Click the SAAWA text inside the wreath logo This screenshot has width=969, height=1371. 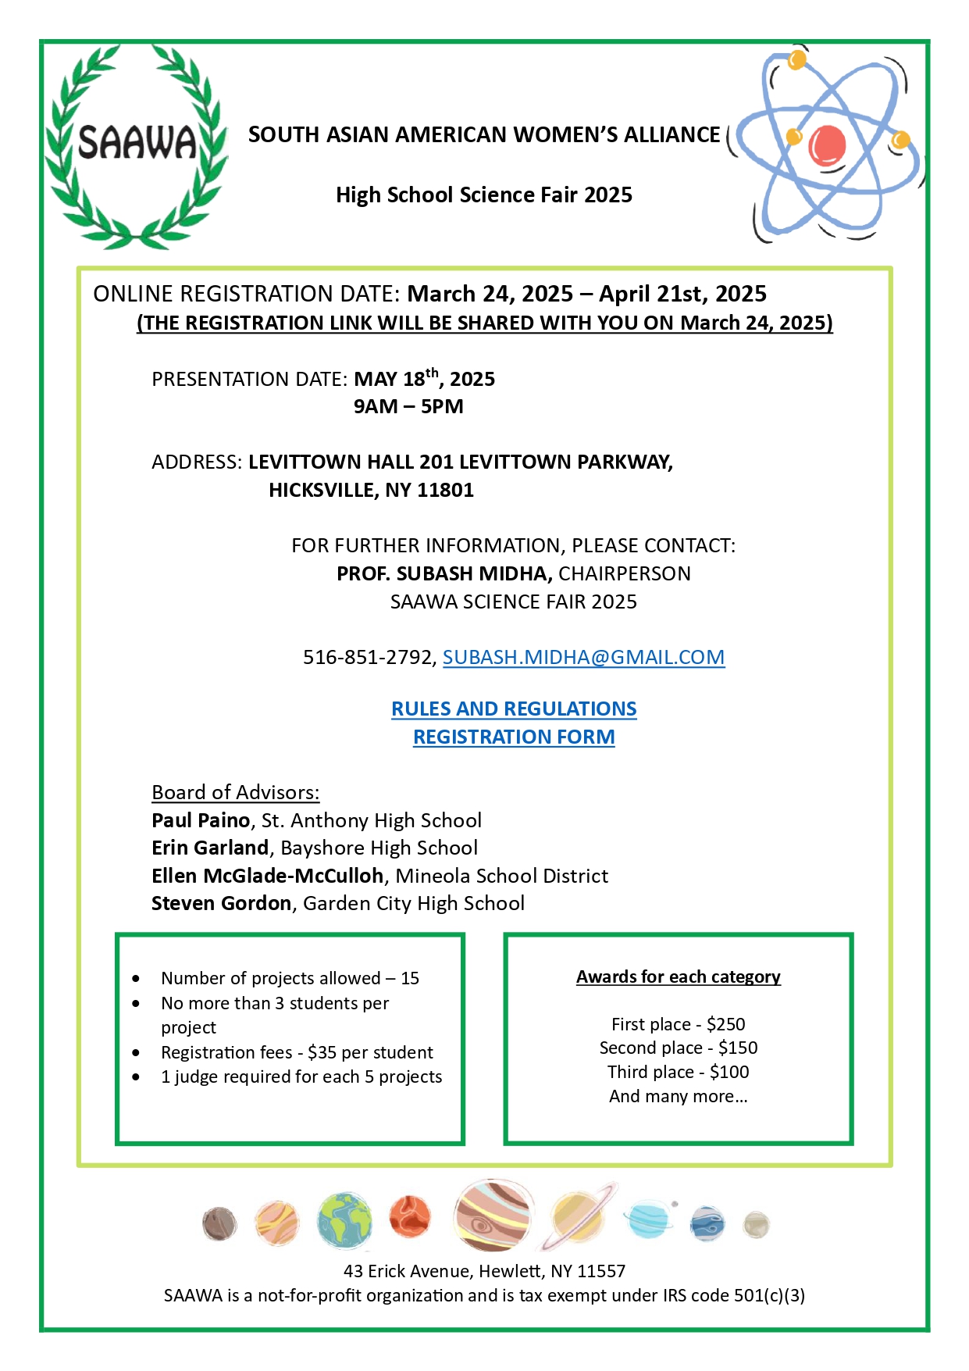137,143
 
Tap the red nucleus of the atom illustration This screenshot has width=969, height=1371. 827,145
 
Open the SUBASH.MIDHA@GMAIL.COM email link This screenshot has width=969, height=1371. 583,658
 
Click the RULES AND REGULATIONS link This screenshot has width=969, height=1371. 514,709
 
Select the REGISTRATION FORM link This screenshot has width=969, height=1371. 514,737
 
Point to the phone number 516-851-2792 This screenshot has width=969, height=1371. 369,658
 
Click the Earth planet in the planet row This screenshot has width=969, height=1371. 344,1220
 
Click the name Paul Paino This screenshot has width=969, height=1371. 201,820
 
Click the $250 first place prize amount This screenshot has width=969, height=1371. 725,1024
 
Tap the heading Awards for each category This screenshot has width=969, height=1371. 678,977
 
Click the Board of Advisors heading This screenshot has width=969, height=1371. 235,793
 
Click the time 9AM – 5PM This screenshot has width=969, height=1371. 408,407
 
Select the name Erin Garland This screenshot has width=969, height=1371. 210,848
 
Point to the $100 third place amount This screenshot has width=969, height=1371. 729,1073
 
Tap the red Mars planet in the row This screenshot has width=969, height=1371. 410,1217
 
